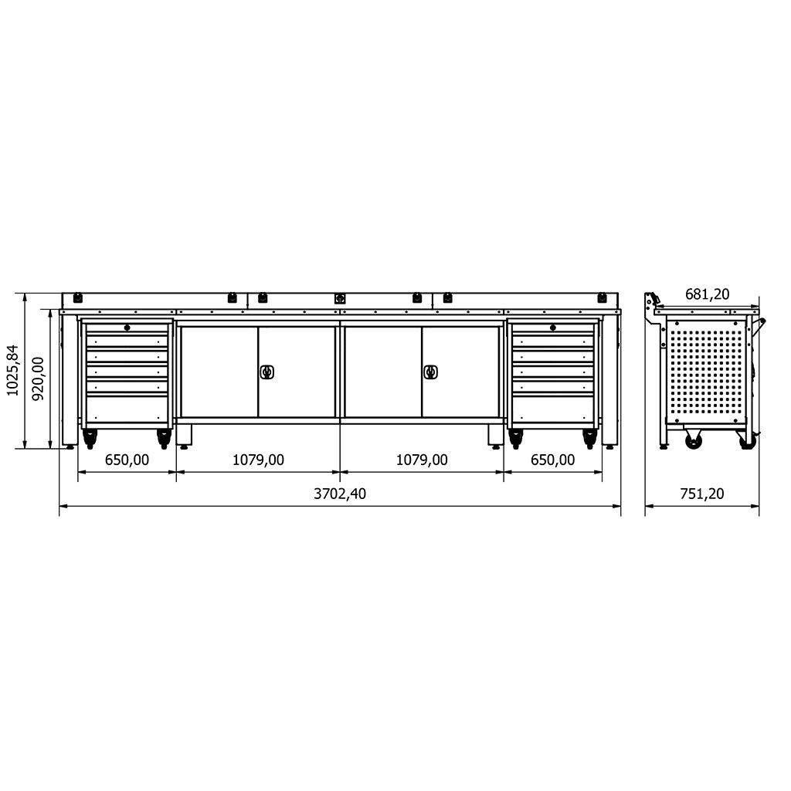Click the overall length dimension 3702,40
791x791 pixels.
[x=340, y=494]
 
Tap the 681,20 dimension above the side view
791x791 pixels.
[x=707, y=294]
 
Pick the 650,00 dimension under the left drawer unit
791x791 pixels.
[x=127, y=460]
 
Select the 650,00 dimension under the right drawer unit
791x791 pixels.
[x=553, y=460]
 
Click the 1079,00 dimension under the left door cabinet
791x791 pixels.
[x=258, y=460]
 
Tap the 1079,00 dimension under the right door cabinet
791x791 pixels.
[x=422, y=460]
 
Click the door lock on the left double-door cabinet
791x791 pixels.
[x=266, y=372]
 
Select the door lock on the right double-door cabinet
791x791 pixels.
[x=430, y=372]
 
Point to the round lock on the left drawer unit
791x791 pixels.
[x=127, y=328]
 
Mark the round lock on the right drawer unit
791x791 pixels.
[x=554, y=328]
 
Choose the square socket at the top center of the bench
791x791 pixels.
[x=339, y=297]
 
